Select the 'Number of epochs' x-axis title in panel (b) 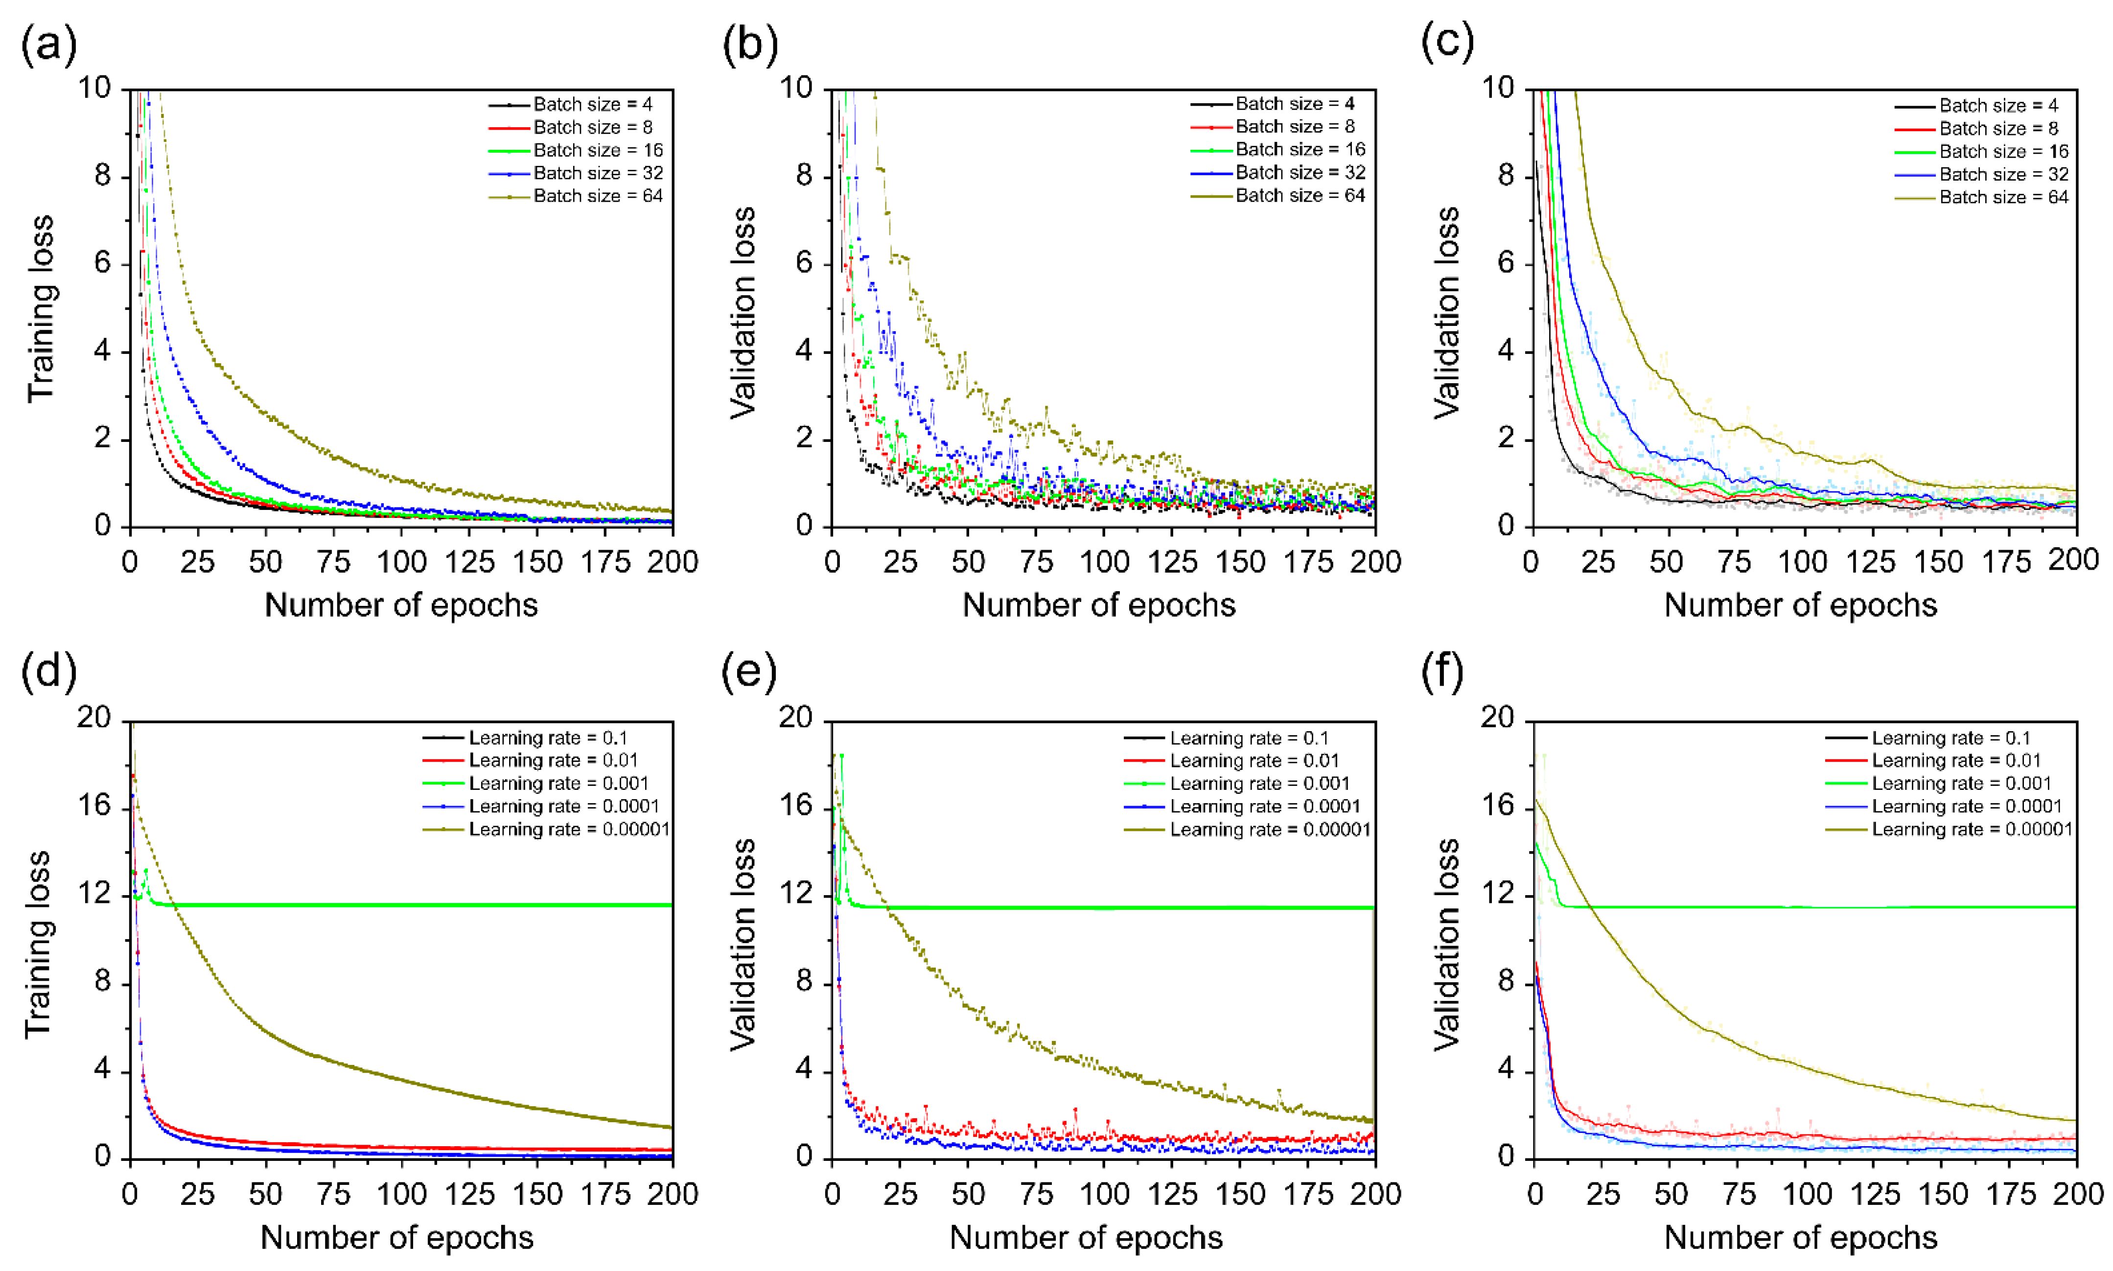[1099, 605]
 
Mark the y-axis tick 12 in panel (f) [1498, 895]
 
